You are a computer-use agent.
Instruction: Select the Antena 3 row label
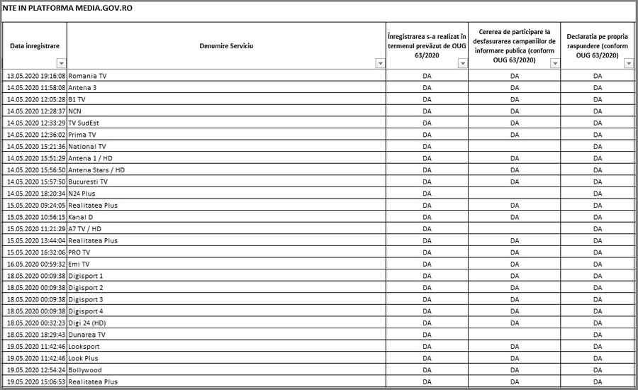coord(82,88)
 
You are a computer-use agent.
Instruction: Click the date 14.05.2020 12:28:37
coord(35,111)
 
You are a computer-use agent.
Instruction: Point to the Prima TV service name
coord(82,135)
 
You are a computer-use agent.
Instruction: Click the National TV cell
coord(86,146)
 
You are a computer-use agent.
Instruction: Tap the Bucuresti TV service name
coord(88,182)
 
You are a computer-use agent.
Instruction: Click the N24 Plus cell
coord(82,194)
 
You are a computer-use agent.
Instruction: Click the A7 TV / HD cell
coord(84,229)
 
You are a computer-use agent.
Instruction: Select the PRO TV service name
coord(79,252)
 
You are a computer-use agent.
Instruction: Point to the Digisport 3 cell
coord(85,299)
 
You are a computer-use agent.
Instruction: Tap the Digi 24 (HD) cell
coord(87,323)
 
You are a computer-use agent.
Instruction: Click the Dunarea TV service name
coord(86,335)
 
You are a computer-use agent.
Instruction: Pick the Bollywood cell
coord(84,370)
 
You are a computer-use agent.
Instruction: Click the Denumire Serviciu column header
coord(226,45)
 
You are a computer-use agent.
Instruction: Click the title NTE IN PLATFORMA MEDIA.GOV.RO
coord(67,8)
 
